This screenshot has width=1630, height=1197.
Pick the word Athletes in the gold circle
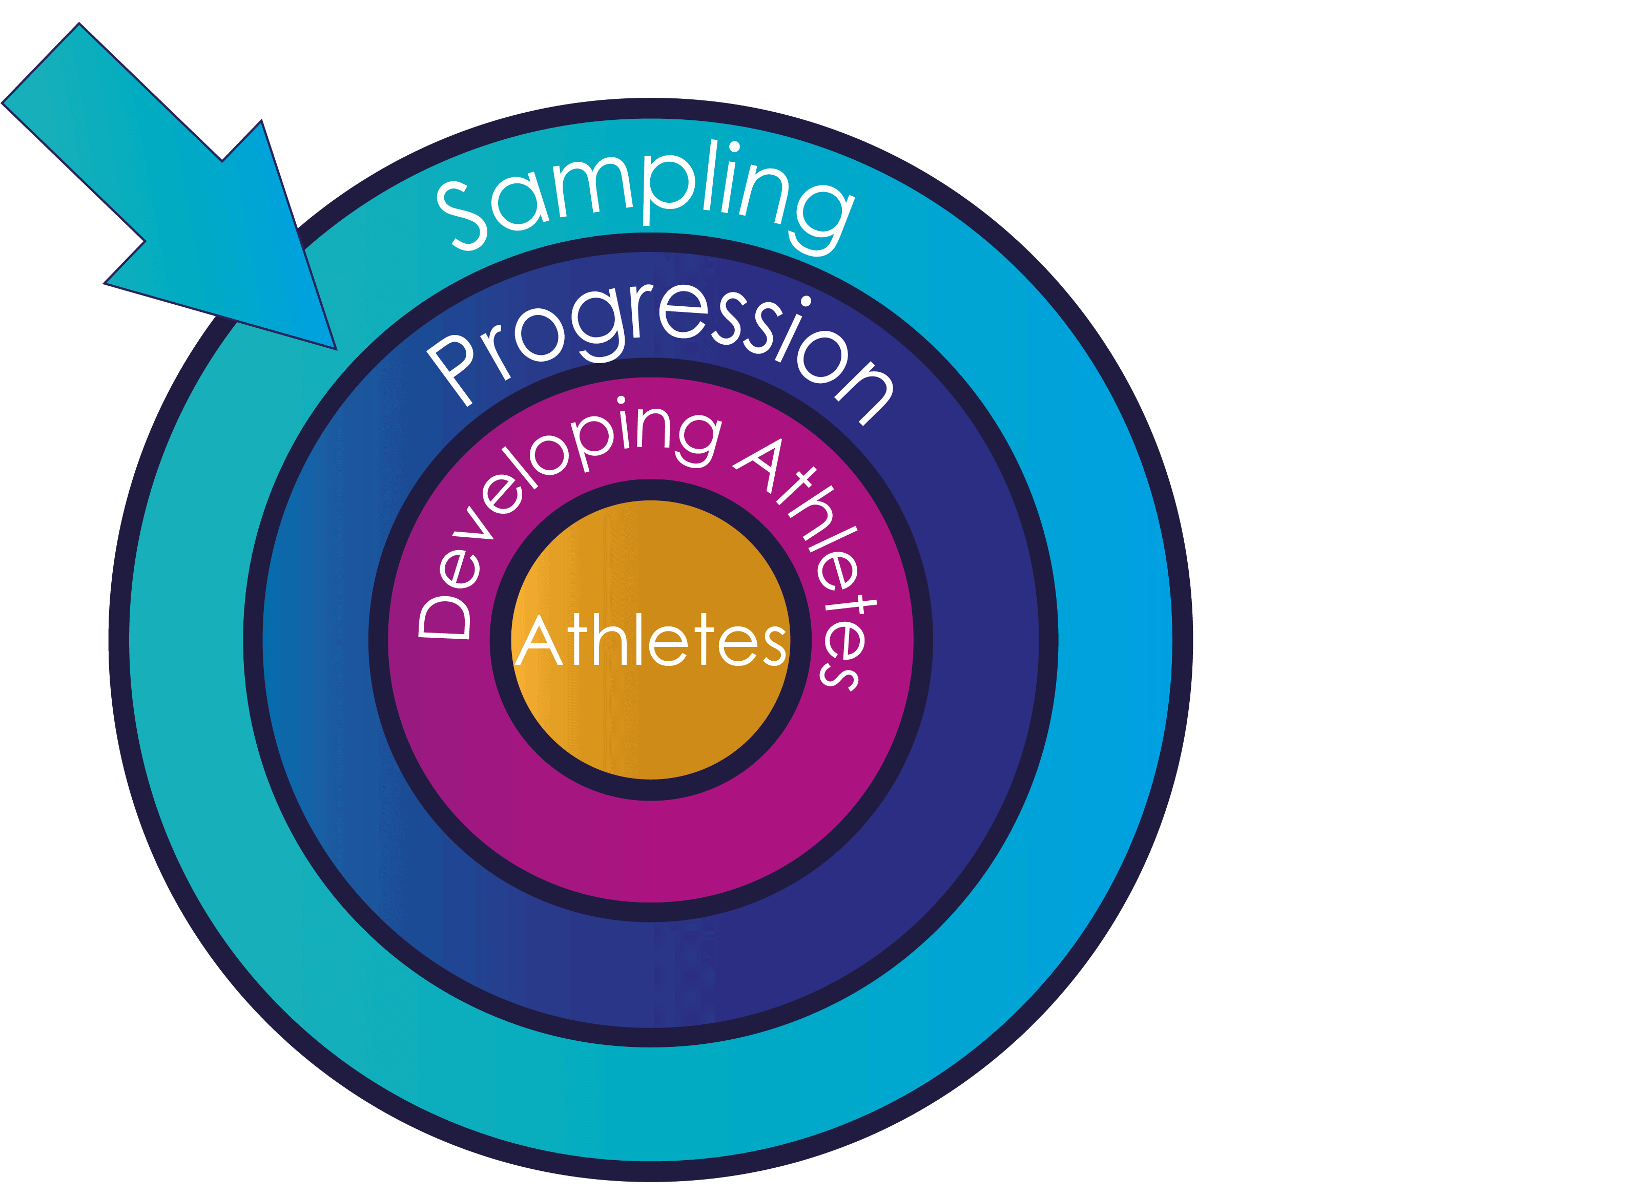click(650, 641)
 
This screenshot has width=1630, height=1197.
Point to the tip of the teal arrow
click(335, 348)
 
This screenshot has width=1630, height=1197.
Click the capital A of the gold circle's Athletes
click(538, 642)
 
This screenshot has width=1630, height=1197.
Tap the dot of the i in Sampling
click(734, 147)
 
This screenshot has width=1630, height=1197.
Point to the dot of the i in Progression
click(805, 301)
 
